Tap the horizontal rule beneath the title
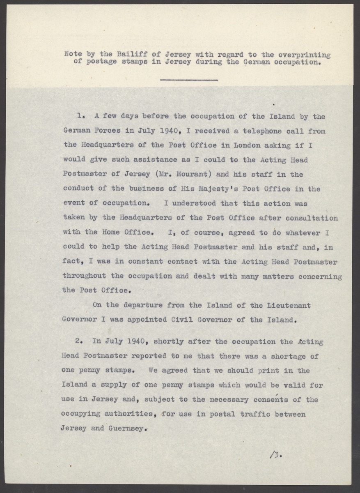188,79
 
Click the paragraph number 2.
81,342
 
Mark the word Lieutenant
289,305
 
